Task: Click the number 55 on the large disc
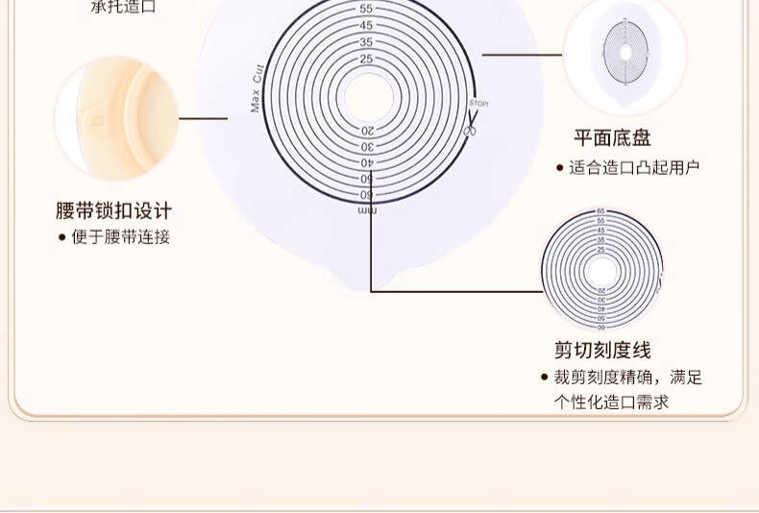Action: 366,9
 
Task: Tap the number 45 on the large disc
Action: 366,25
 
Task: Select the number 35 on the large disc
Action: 366,42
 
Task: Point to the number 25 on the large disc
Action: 366,59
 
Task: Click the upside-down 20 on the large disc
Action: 367,130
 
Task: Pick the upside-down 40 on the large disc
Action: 367,162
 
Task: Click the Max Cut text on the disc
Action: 257,87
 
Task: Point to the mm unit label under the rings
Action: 367,209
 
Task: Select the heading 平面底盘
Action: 612,138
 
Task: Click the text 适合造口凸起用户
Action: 634,167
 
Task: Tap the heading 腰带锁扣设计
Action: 113,210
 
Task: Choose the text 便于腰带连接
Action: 120,236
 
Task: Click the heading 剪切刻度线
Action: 602,350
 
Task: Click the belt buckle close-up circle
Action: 116,117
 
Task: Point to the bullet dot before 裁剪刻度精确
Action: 544,378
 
